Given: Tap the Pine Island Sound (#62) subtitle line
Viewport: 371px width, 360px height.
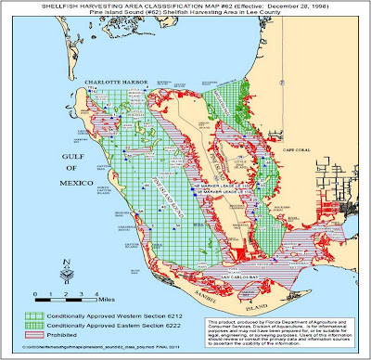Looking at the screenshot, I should (185, 15).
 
